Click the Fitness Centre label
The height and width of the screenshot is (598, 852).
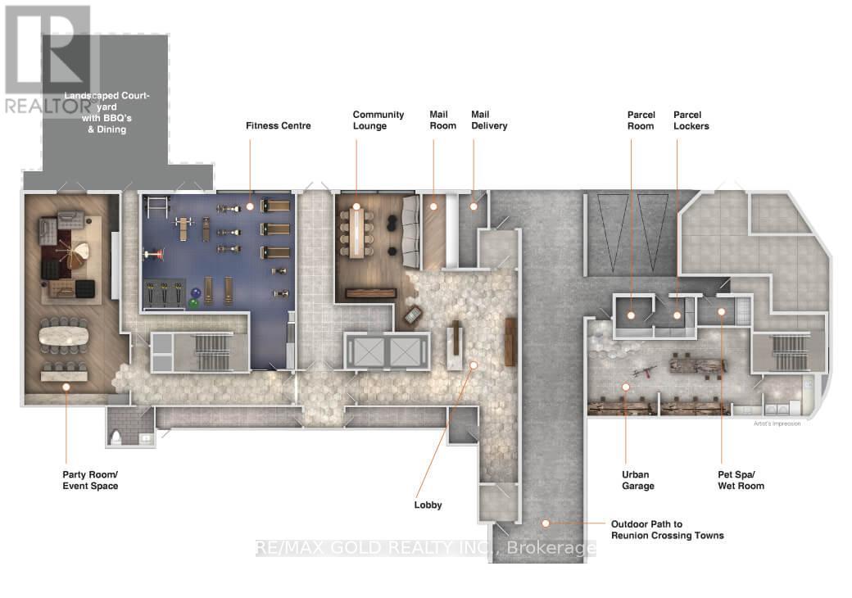[279, 126]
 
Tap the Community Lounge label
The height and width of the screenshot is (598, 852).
[378, 120]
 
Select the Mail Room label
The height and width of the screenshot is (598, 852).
[443, 120]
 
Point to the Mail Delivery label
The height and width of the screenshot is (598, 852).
[489, 120]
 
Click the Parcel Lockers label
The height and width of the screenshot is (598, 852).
[691, 120]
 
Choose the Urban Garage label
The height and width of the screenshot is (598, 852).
[638, 480]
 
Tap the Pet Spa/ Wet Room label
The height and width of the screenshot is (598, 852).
[741, 480]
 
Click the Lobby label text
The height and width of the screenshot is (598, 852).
[428, 505]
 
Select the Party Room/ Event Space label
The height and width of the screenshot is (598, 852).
[90, 480]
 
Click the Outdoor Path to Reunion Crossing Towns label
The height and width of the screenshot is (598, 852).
[667, 529]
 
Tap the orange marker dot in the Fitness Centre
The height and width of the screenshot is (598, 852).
[250, 206]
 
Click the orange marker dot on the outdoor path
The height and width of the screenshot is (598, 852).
[546, 523]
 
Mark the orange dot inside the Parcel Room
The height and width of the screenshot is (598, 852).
[631, 315]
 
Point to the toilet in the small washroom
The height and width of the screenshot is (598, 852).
[116, 437]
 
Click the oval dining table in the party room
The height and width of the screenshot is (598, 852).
[64, 336]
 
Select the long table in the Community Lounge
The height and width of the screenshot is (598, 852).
[356, 233]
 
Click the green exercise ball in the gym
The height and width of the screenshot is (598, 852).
[193, 304]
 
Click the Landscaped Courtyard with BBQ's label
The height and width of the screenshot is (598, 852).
[107, 112]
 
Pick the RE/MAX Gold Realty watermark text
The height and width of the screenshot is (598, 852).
[425, 548]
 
